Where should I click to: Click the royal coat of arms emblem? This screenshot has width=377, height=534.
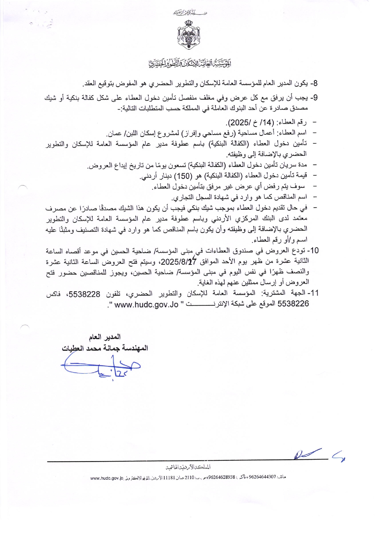(x=189, y=34)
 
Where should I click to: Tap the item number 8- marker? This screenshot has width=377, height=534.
(x=313, y=84)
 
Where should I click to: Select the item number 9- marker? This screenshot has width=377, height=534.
(x=313, y=98)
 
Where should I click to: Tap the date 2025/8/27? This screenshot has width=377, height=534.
(x=179, y=262)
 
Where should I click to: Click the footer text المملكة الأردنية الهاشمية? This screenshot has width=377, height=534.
(x=188, y=467)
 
